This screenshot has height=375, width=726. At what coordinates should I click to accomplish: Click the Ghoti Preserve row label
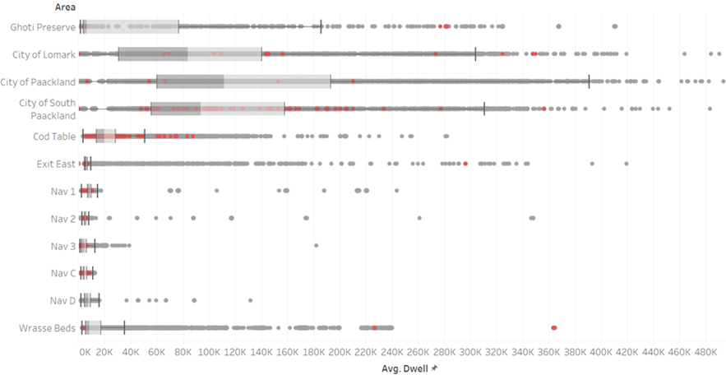(x=43, y=27)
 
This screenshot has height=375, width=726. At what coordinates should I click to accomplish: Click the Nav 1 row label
(x=62, y=192)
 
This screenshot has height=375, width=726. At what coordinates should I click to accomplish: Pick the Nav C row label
(x=62, y=273)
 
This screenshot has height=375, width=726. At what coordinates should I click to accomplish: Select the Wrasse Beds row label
(x=48, y=328)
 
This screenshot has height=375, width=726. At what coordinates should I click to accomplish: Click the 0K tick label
(x=85, y=351)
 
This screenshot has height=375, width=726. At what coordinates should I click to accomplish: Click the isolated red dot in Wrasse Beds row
(x=553, y=328)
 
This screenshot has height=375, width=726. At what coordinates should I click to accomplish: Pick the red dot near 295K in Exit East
(x=465, y=164)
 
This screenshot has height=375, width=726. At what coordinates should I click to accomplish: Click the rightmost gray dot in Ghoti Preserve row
(x=614, y=27)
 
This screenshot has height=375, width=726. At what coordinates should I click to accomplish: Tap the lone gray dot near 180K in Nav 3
(x=316, y=246)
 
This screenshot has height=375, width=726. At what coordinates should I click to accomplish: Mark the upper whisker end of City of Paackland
(x=589, y=81)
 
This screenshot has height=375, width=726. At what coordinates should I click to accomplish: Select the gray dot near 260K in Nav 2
(x=419, y=218)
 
